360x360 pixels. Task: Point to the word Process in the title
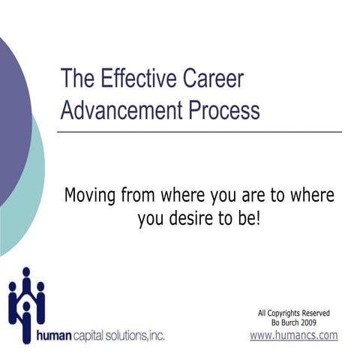220,110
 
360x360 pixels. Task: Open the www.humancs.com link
293,335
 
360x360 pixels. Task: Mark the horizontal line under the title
199,131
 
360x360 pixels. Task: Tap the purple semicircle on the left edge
11,112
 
